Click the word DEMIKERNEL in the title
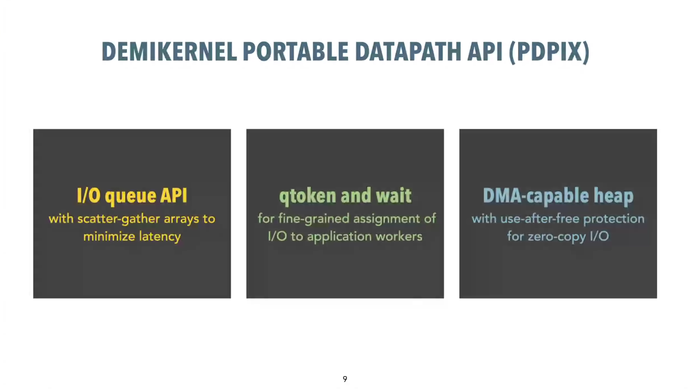pos(169,51)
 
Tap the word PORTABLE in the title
pos(295,51)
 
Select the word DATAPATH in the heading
pos(408,51)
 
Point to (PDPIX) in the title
pos(549,52)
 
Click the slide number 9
pos(345,379)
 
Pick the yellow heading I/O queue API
pos(132,195)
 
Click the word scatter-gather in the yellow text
pos(119,219)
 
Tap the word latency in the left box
pos(160,237)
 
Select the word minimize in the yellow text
pos(109,237)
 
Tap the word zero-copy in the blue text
pos(557,237)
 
